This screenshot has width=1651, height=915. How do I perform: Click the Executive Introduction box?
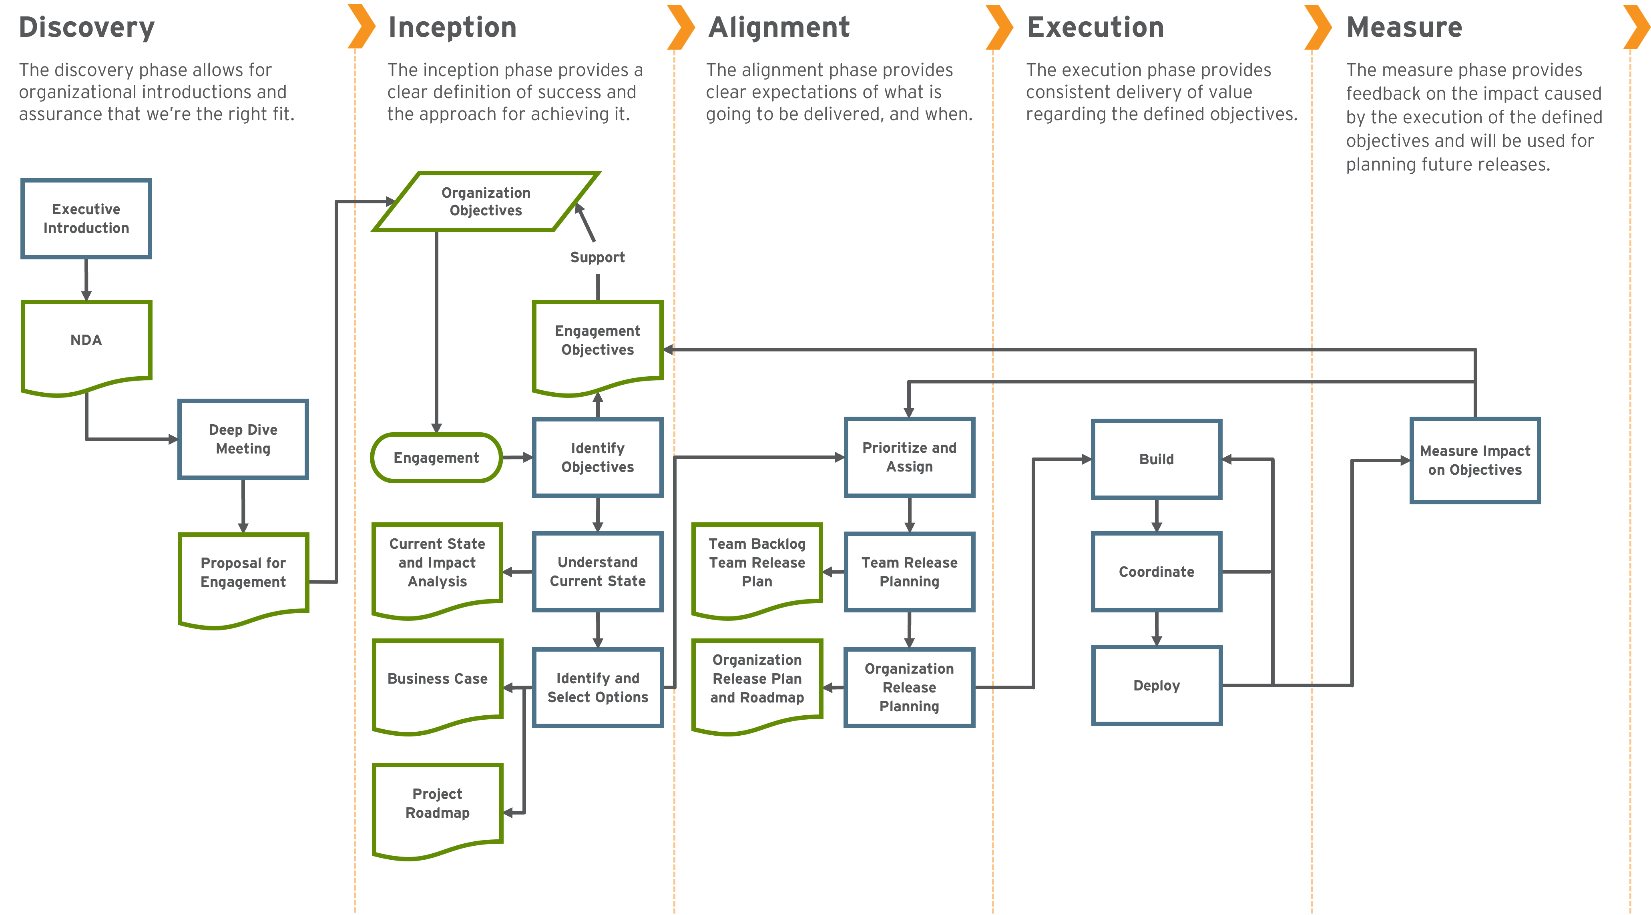click(x=86, y=219)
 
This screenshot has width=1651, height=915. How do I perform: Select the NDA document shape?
click(x=86, y=343)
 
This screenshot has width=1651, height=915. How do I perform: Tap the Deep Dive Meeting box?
click(x=243, y=439)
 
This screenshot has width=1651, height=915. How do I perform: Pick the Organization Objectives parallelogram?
click(x=486, y=201)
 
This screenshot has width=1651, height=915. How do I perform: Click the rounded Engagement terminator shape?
click(x=436, y=457)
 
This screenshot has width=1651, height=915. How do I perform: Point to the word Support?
click(x=597, y=257)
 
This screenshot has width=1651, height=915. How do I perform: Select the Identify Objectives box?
click(x=597, y=457)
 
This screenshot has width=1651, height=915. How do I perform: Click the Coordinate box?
click(x=1156, y=572)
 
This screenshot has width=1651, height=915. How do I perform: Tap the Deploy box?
click(x=1156, y=685)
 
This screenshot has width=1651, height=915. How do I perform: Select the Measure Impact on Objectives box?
click(x=1475, y=460)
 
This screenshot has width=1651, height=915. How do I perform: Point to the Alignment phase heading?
click(x=779, y=28)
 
